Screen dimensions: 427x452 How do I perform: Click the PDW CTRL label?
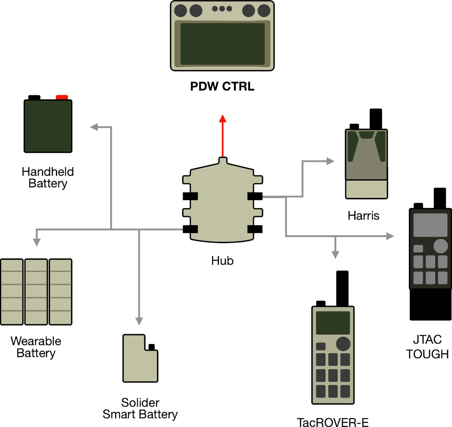(222, 86)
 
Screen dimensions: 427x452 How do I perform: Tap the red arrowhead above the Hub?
(223, 119)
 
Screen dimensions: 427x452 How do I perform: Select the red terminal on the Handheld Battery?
(62, 97)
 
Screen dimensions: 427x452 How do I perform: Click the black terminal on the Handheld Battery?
(34, 97)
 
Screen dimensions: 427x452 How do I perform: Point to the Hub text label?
(222, 261)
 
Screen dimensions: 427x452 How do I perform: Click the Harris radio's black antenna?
(376, 119)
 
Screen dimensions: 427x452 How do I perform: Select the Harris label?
(364, 216)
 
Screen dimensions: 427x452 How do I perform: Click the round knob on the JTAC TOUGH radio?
(440, 245)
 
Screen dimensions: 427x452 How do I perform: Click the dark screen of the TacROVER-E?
(333, 323)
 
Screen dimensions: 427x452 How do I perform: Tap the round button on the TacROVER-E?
(343, 344)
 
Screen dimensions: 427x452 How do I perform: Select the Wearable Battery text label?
(36, 347)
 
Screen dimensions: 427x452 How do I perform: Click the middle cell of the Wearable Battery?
(36, 291)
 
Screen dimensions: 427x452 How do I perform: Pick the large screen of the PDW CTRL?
(222, 43)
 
